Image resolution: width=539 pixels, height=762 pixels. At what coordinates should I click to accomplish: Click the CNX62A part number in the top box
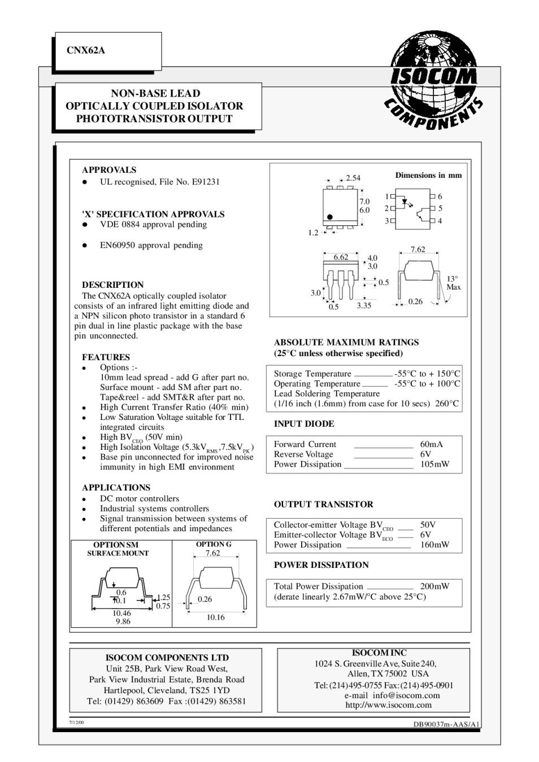point(86,50)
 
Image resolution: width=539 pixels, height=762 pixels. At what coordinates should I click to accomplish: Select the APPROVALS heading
point(109,170)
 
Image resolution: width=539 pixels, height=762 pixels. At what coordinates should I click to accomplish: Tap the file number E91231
point(206,182)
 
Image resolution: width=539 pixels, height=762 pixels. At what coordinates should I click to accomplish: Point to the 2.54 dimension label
point(353,178)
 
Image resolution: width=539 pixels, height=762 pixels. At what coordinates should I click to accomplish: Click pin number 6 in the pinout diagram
point(440,196)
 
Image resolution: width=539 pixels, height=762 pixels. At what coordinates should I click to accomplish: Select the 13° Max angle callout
point(453,283)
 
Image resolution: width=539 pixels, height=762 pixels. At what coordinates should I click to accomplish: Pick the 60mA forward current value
point(432,444)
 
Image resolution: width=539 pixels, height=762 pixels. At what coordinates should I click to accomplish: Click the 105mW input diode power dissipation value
point(435,465)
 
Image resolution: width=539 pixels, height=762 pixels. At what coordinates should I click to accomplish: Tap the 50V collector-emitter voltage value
point(428,525)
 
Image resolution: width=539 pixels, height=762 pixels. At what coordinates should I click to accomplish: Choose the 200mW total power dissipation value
point(435,586)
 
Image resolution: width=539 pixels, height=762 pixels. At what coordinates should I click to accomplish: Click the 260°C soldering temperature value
point(447,404)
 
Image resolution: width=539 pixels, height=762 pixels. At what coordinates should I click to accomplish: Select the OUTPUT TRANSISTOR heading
point(323,504)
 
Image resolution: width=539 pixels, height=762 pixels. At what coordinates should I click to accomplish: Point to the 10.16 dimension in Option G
point(215,617)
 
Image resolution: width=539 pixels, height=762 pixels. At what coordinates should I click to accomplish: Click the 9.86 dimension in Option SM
point(123,621)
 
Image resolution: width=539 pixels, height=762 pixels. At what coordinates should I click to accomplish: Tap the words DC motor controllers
point(140,498)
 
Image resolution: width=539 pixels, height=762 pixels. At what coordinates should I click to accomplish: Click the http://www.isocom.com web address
point(388,704)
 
